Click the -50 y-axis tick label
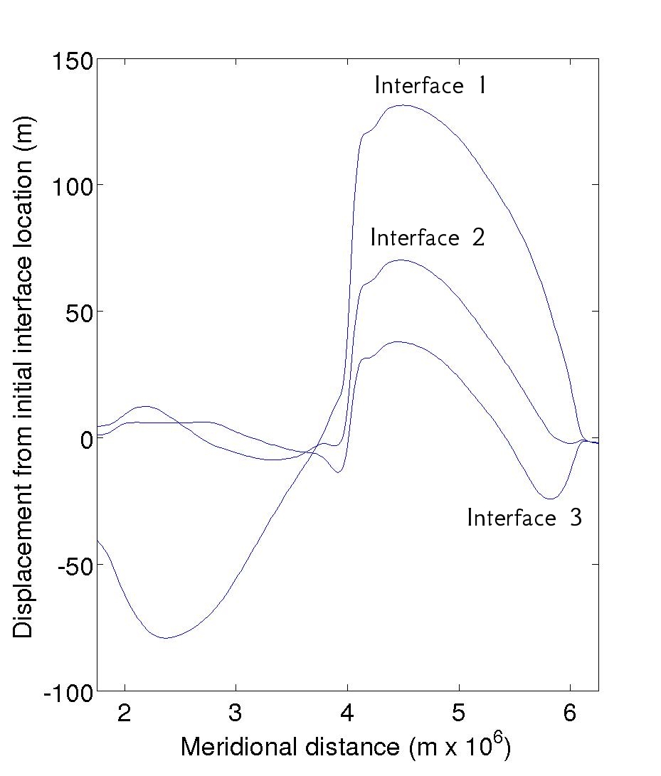tap(73, 565)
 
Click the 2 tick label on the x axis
tap(125, 713)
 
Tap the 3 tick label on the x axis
tap(236, 713)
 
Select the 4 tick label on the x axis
tap(348, 713)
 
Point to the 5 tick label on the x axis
tap(459, 713)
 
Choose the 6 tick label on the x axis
tap(570, 713)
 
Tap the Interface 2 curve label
tap(427, 237)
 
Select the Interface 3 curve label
tap(524, 517)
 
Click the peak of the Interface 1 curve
tap(403, 105)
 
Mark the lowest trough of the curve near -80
tap(166, 637)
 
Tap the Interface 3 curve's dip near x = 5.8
tap(550, 499)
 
